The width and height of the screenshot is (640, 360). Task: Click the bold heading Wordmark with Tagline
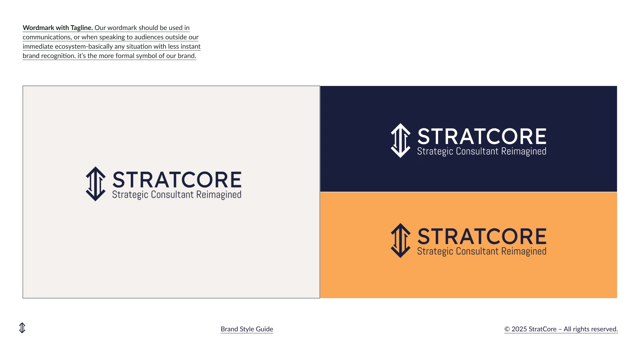point(58,28)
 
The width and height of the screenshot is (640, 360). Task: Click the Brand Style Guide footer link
point(247,329)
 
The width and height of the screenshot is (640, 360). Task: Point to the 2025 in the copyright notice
point(519,329)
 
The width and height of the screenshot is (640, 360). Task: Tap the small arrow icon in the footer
point(22,328)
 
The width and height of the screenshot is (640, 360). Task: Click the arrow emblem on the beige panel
point(96,184)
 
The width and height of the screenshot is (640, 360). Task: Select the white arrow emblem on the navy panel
point(401,140)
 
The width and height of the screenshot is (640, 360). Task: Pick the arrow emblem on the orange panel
point(401,240)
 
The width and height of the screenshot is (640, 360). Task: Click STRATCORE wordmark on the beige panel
point(177,180)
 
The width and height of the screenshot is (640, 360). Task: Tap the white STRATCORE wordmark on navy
point(482,136)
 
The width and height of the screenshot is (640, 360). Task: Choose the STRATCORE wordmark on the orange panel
point(482,236)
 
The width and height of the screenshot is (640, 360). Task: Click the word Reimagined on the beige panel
point(219,195)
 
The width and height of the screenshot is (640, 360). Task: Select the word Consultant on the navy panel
point(477,151)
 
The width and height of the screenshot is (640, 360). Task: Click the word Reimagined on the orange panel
point(524,252)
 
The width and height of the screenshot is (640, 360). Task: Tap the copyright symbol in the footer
point(507,329)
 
